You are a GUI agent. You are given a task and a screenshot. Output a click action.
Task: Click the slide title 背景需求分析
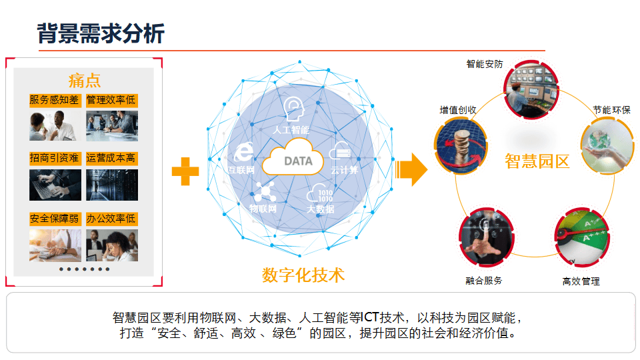coord(101,33)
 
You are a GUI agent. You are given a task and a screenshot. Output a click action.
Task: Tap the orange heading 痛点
coord(85,81)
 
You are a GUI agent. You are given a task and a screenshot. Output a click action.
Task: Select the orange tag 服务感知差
coord(55,100)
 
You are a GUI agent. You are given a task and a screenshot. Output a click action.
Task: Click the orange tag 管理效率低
coord(111,100)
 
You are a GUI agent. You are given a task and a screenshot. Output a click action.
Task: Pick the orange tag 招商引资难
coord(55,158)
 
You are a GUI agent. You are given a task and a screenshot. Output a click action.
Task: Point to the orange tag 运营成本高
coord(111,158)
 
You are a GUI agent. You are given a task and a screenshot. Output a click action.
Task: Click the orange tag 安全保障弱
coord(55,219)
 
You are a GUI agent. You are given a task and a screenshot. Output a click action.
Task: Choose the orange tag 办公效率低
coord(111,219)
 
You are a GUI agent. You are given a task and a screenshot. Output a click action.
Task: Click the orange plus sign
coord(185,171)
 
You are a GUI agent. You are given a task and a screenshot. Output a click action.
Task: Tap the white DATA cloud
coord(293,157)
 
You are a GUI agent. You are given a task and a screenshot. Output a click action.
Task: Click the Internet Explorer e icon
coord(244,152)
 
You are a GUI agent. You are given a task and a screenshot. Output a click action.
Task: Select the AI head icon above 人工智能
coord(293,109)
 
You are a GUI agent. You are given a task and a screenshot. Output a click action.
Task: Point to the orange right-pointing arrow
coord(411,169)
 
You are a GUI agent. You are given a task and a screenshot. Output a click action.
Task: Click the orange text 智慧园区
coord(537,161)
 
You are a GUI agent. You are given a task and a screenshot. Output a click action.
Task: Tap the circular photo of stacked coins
coord(461,146)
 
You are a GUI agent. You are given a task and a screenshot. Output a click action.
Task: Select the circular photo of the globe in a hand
coord(608,146)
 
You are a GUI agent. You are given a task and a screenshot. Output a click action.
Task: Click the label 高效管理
coord(581,281)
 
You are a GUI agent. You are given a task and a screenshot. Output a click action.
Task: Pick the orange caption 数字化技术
coord(303,275)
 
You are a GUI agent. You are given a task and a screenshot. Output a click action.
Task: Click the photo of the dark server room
coord(112,185)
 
